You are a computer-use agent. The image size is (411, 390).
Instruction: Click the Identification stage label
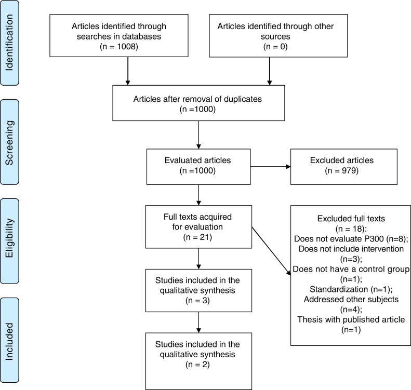[9, 43]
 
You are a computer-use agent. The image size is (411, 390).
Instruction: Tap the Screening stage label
[9, 142]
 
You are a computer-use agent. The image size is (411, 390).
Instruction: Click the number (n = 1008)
[119, 47]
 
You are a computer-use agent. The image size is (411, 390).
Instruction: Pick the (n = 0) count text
[275, 47]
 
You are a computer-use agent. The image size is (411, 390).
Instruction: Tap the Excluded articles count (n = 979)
[342, 171]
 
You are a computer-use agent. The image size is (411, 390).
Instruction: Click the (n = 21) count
[197, 237]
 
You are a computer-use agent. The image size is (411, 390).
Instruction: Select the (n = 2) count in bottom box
[197, 365]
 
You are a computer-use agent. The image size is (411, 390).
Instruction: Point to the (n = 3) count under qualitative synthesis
[197, 301]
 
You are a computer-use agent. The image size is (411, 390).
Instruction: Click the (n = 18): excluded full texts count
[351, 229]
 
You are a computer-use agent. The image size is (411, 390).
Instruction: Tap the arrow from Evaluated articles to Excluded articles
[271, 167]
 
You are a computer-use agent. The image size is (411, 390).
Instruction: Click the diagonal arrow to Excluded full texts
[271, 251]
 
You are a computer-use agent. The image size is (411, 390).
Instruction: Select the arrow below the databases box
[128, 71]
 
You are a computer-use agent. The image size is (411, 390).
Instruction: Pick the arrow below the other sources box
[269, 71]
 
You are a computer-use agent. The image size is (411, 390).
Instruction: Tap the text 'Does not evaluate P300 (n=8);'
[351, 239]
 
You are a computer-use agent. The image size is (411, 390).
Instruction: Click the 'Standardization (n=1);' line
[351, 289]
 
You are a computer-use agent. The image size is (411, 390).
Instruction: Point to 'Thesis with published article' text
[351, 319]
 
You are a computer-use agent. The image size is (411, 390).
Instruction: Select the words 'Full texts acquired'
[197, 217]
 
